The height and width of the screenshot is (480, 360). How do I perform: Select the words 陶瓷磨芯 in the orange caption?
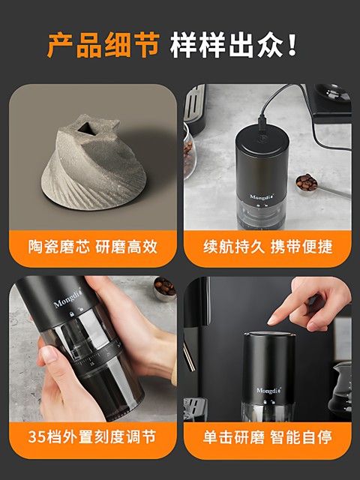[58, 247]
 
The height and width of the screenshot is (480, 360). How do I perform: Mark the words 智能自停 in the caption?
[302, 436]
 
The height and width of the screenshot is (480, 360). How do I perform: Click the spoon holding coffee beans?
[306, 181]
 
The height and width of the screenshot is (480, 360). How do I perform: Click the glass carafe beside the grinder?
[340, 390]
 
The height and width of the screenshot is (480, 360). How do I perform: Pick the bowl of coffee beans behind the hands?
[164, 286]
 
